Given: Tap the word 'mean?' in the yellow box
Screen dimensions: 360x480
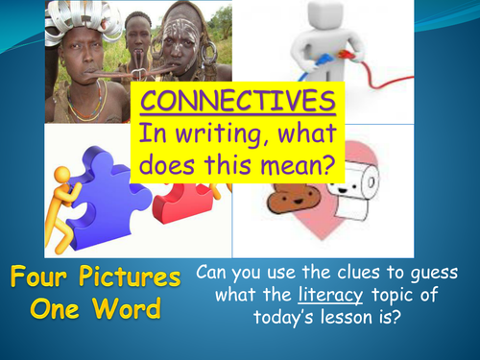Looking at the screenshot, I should point(299,166).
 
